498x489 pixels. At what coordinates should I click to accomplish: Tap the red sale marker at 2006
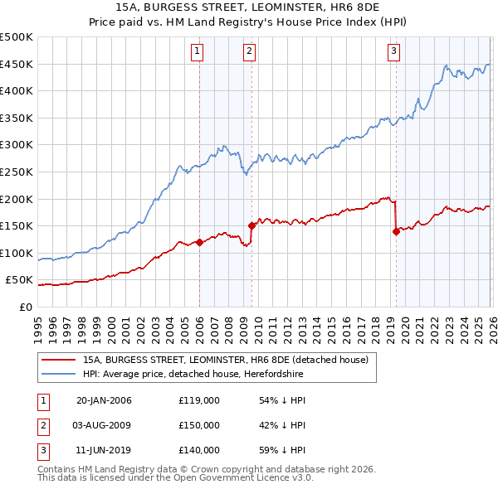point(199,243)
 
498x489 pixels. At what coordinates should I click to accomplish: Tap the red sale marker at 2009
point(251,225)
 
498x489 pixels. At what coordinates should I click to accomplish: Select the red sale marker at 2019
point(396,231)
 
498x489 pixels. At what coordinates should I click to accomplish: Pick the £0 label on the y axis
point(26,307)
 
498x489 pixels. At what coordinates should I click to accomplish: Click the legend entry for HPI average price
point(193,375)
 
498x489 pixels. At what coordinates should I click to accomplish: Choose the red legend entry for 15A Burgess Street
point(231,360)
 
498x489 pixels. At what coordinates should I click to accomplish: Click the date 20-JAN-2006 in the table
point(104,400)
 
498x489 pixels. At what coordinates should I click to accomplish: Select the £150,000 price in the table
point(199,425)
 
